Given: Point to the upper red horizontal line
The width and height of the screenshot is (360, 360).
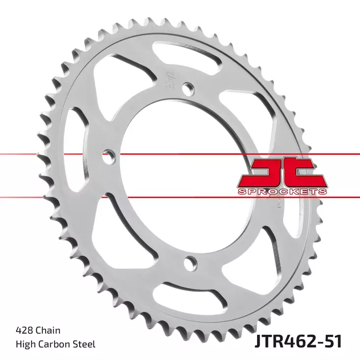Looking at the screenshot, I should click(148, 154).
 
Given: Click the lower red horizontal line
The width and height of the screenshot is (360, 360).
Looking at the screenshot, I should click(148, 197).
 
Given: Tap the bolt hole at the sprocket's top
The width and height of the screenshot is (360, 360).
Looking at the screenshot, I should click(187, 89).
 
